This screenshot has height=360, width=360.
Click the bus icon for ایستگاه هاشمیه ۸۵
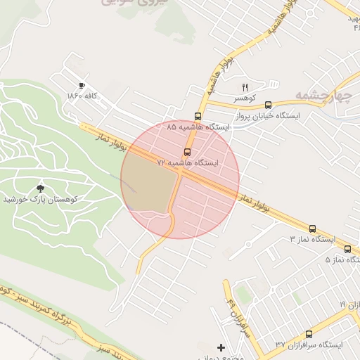198,117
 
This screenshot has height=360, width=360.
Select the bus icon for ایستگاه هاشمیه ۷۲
187,152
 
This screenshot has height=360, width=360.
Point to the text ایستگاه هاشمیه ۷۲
188,162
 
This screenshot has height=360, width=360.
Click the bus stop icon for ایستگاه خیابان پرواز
268,105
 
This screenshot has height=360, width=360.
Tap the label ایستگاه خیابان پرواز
269,115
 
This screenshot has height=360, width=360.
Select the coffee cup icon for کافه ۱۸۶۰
82,85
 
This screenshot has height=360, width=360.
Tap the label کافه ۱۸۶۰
82,95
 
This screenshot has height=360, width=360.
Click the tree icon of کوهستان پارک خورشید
40,188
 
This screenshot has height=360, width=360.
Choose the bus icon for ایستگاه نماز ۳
312,229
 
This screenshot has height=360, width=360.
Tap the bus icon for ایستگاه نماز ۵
347,249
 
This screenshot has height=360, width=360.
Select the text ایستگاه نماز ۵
340,259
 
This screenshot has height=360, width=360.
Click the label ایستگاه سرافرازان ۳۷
309,345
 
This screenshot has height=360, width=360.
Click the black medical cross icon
221,347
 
